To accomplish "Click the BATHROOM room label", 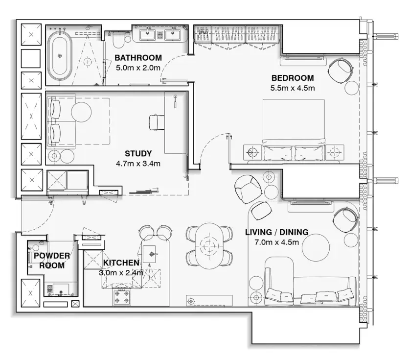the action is pos(138,57).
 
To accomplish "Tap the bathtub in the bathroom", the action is pos(60,55).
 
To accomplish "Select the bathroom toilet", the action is pos(119,40).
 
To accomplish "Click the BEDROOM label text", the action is pos(293,78).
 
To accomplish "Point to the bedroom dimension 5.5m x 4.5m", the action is pos(293,88).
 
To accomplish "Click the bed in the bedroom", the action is pos(294,130).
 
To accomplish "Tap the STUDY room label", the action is pos(138,153).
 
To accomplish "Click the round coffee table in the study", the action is pos(81,112).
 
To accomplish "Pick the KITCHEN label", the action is pos(121,263).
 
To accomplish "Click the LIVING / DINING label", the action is pos(277,232).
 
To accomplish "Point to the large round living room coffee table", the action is pos(316,247).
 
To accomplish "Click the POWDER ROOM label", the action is pos(52,261).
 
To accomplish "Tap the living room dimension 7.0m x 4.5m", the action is pos(277,242).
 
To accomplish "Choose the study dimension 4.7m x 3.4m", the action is pos(138,164).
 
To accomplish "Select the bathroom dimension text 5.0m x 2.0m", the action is pos(138,68).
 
